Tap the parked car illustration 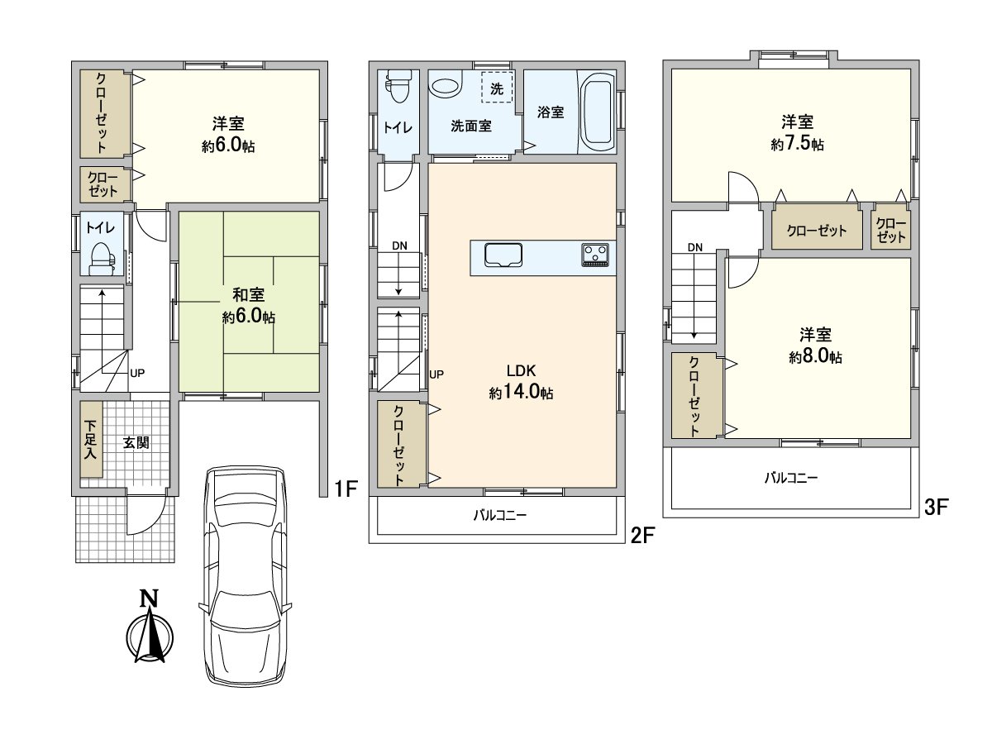(x=245, y=576)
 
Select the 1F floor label (x=346, y=489)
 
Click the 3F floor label (x=935, y=507)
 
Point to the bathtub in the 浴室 (x=597, y=112)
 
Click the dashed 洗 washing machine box (x=497, y=87)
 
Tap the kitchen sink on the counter (x=503, y=255)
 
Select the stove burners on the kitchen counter (x=594, y=255)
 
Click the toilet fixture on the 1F (x=103, y=259)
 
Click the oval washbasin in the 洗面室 (x=445, y=87)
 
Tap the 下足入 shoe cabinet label (x=90, y=440)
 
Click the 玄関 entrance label (x=136, y=442)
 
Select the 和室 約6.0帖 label (x=249, y=306)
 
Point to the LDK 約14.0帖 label (x=521, y=382)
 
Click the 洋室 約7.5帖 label (x=797, y=133)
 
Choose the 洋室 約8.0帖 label (x=815, y=346)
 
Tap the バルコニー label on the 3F (x=791, y=478)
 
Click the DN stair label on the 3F (x=695, y=247)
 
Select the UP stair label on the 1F (x=137, y=373)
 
